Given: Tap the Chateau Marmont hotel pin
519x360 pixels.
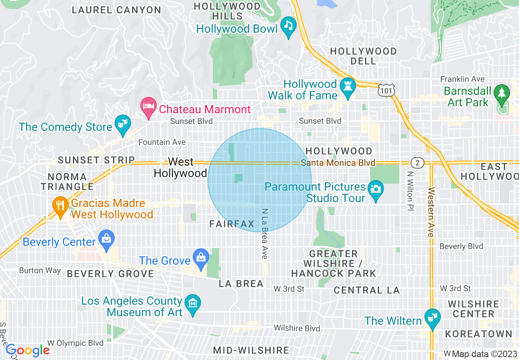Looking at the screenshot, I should (x=148, y=108).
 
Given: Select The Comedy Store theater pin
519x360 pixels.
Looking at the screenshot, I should (x=122, y=125).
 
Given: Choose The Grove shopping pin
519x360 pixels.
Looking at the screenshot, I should (x=201, y=259).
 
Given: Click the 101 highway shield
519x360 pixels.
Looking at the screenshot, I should (x=386, y=90).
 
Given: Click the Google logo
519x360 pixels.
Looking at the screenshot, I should (x=27, y=350).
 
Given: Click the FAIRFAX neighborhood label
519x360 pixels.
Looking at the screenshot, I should (x=232, y=224).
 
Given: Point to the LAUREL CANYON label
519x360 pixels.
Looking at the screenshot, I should (x=117, y=10).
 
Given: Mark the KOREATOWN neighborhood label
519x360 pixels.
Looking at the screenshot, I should (x=478, y=334).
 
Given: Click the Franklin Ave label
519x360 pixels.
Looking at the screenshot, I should (x=462, y=79).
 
